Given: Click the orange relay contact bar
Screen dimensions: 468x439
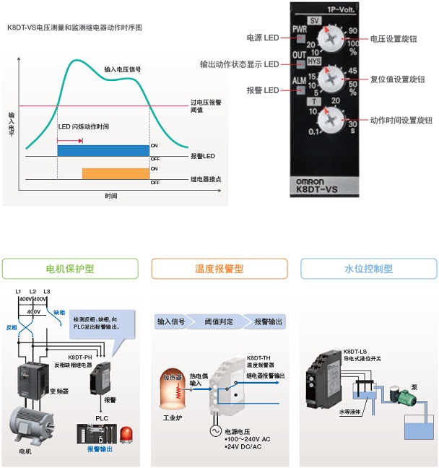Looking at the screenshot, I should [x=116, y=174].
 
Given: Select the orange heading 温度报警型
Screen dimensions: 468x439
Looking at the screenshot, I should [x=219, y=269].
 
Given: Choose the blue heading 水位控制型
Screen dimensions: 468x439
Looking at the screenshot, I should [x=368, y=269].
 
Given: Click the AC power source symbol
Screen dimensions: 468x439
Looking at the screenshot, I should [x=214, y=429].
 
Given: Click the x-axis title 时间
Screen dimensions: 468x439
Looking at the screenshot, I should [x=110, y=196].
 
